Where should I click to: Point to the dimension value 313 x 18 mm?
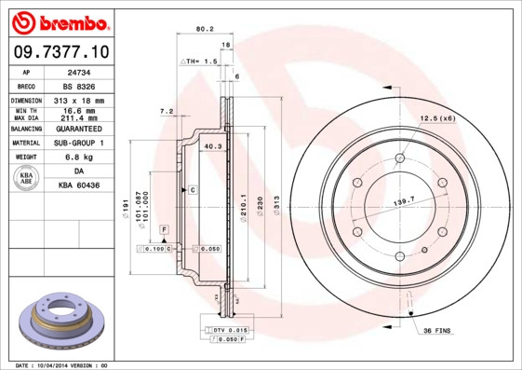(78, 100)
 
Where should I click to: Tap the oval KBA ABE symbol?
(27, 179)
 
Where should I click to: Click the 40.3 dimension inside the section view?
(212, 145)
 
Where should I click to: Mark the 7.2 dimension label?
(167, 111)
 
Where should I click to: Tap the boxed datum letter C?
(193, 190)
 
